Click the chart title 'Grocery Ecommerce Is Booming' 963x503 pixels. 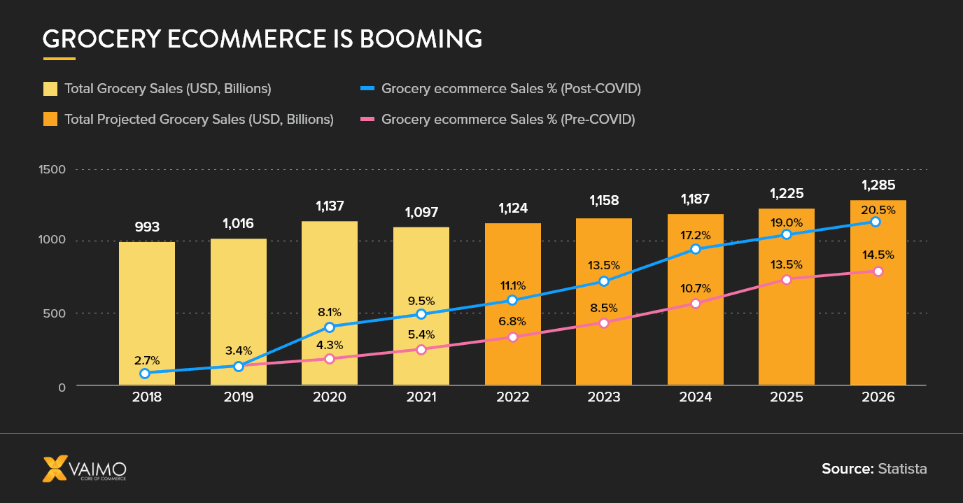point(262,38)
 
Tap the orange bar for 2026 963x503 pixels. point(878,315)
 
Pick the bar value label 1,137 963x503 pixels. point(330,206)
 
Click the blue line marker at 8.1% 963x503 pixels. point(330,327)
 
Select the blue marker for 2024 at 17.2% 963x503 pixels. point(696,248)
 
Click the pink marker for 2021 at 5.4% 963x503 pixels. point(421,349)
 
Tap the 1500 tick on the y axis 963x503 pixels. point(52,169)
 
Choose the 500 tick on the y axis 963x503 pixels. point(54,313)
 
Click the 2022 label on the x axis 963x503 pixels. point(512,397)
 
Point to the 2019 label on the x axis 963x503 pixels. point(238,397)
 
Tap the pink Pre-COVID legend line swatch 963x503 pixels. point(367,119)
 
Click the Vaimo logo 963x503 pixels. point(84,468)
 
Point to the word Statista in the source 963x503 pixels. point(902,469)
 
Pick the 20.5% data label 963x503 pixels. point(878,209)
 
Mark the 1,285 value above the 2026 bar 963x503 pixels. point(878,185)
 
